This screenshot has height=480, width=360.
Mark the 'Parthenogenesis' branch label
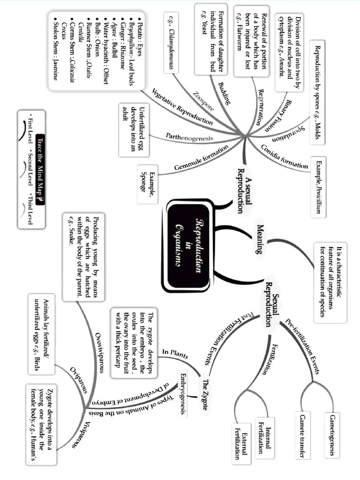[189, 137]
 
